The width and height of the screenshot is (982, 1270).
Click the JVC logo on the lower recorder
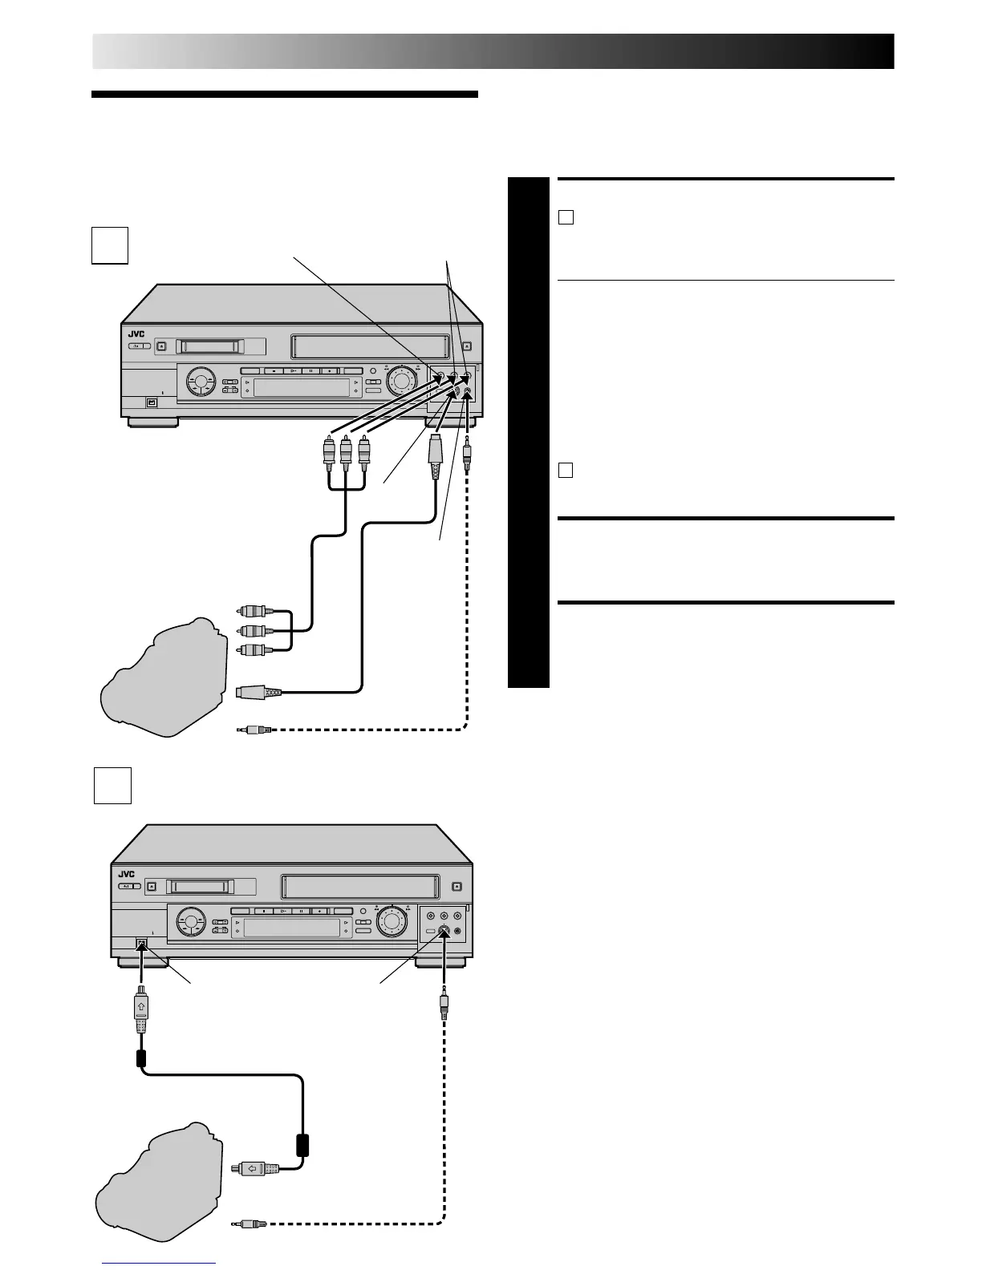click(127, 874)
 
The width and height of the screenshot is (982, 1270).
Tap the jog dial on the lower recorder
click(392, 921)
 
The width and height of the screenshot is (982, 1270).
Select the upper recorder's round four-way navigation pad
click(201, 379)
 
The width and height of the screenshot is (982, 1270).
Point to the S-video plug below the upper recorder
click(434, 456)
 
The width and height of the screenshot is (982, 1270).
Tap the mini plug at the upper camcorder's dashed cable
click(255, 730)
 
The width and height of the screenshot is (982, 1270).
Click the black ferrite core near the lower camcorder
click(303, 1143)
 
